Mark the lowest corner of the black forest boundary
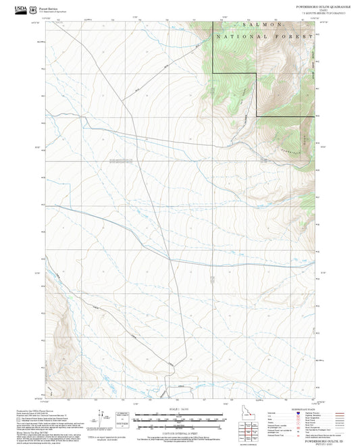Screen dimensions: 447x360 coord(257,117)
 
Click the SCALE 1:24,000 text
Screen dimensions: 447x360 coord(180,409)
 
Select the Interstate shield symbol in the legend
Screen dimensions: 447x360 coord(298,413)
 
